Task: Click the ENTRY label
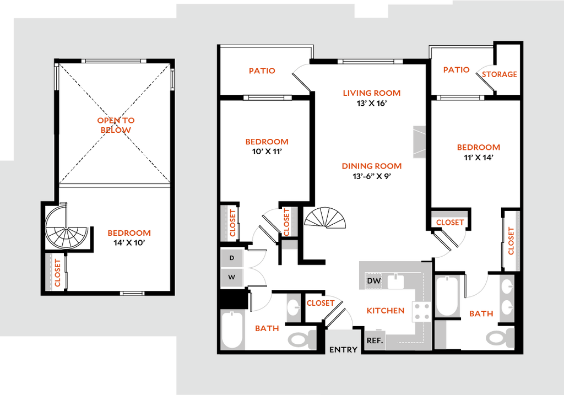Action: [x=343, y=349]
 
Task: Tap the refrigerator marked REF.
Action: [x=375, y=340]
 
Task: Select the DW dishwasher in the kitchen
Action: [x=374, y=281]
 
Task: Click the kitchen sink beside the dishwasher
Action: [x=396, y=282]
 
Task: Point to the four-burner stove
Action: [x=425, y=312]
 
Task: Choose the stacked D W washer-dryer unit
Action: [x=232, y=268]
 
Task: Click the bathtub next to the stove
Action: [x=447, y=296]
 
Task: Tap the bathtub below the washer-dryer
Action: [x=232, y=329]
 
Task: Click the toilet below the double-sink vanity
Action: [x=499, y=337]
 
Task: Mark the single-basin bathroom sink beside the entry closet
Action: [x=293, y=307]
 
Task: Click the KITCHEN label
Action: [x=386, y=311]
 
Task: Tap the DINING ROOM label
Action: [x=372, y=166]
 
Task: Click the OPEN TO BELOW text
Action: [x=116, y=126]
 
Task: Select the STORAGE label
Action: [x=500, y=74]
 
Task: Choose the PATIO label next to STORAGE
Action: [x=457, y=70]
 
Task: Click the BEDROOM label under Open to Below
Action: [x=129, y=234]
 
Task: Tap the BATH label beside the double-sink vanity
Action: [x=481, y=315]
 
